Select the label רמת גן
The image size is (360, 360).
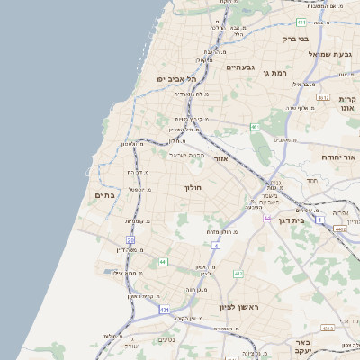pos(273,72)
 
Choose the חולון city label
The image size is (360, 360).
pos(194,188)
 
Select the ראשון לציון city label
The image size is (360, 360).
pos(238,308)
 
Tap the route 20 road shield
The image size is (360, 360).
pos(130,240)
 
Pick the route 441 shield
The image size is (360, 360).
pos(163,262)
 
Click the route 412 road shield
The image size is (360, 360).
pos(238,273)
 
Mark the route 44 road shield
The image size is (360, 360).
pos(267,218)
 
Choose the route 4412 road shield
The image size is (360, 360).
pos(339,229)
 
